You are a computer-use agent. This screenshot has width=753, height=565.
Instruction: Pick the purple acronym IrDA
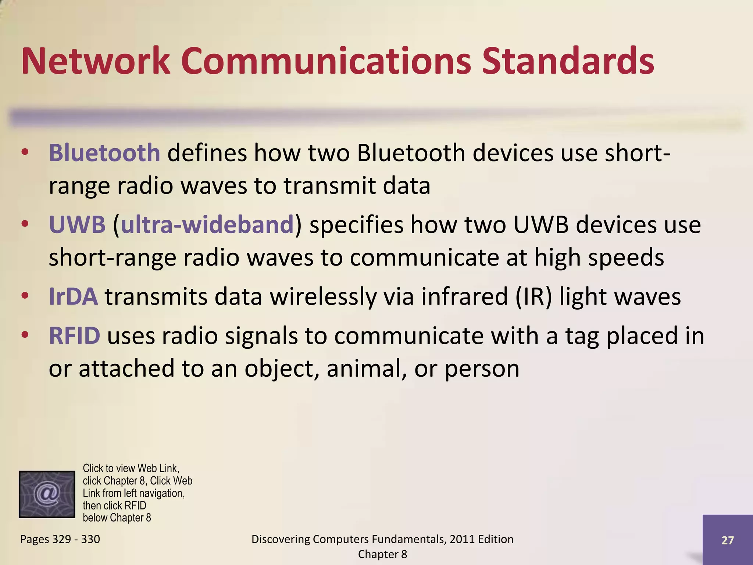click(73, 296)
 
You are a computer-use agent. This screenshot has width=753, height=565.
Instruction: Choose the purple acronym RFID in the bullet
click(74, 335)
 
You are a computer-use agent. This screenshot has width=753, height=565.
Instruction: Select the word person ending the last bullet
click(482, 369)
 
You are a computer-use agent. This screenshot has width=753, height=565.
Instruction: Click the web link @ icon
click(47, 494)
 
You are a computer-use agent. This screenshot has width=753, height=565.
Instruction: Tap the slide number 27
click(727, 540)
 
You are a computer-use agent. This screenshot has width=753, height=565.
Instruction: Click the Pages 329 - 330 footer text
click(60, 539)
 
